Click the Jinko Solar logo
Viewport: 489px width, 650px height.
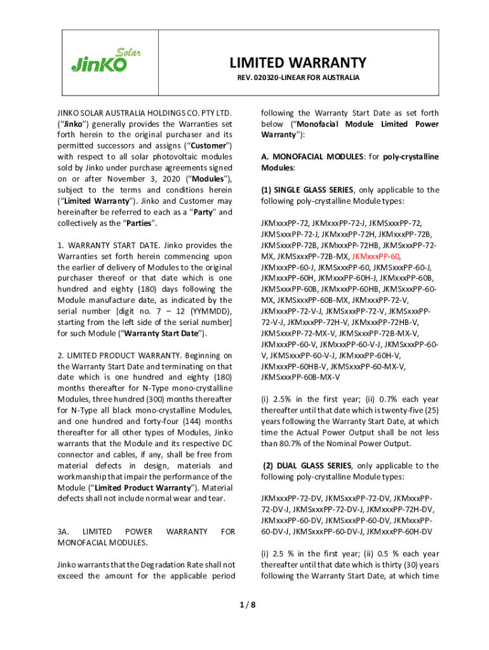[105, 61]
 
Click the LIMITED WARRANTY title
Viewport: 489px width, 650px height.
[298, 62]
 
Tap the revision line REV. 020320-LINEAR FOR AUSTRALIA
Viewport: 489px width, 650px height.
[298, 78]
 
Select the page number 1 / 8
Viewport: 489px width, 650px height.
[245, 604]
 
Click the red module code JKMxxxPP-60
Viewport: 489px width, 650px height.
[375, 256]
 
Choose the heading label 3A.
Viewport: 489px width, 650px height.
[64, 531]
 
